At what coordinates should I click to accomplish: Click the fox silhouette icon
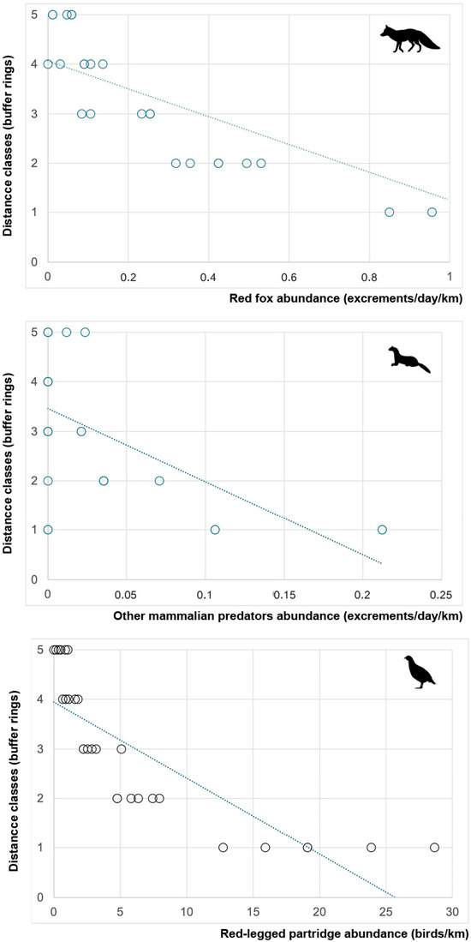tap(410, 39)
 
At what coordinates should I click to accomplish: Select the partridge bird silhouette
tap(420, 672)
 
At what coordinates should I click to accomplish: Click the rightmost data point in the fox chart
tap(432, 212)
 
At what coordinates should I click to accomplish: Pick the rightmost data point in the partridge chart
tap(434, 847)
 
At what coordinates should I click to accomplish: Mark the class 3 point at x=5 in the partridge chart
tap(122, 748)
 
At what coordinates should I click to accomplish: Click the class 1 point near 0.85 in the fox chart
tap(390, 212)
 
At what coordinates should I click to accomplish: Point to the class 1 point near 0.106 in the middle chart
tap(215, 529)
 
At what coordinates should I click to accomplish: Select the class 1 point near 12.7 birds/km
tap(224, 847)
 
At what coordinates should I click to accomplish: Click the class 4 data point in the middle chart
tap(48, 381)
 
